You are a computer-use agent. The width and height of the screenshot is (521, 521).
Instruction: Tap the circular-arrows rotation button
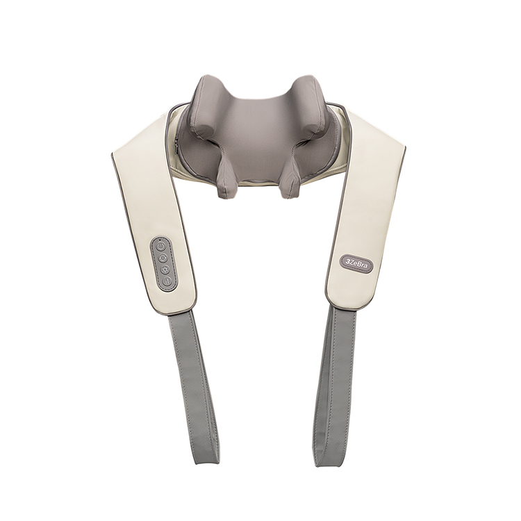[163, 258]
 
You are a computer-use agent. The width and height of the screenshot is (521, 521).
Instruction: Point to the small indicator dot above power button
[160, 239]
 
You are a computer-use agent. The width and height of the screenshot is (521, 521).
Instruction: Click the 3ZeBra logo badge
[357, 261]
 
